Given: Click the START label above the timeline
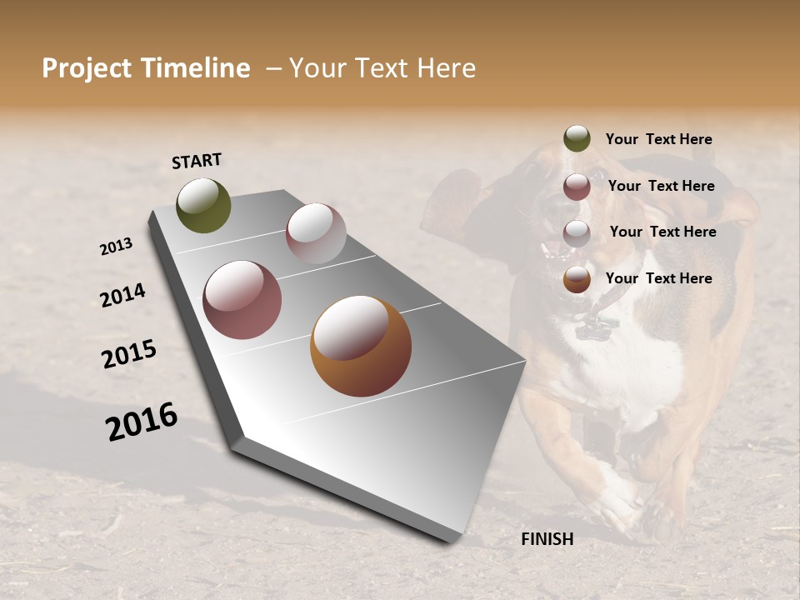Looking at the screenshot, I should (197, 161).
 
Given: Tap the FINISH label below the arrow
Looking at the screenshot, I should (547, 539).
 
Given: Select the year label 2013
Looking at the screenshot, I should (116, 247).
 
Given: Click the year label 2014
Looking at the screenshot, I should (122, 296).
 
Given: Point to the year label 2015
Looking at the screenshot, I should (129, 354).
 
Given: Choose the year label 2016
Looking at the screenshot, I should (142, 422).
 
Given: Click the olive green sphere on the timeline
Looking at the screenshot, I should (203, 205).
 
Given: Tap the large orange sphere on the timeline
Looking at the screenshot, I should (361, 346).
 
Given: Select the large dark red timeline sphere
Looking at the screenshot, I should (242, 300).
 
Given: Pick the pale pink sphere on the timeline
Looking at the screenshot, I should (316, 233).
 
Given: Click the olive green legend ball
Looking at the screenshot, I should (577, 139).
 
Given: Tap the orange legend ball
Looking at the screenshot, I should (577, 279).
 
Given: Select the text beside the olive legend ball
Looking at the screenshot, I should (658, 139).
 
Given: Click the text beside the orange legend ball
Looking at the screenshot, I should (658, 278).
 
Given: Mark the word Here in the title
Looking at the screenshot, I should (446, 68).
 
